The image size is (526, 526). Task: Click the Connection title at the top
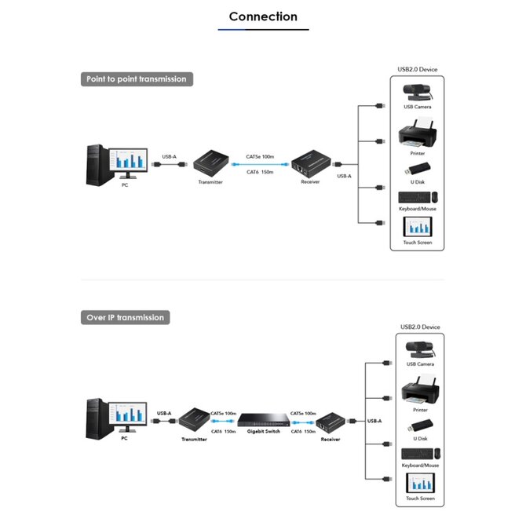[x=263, y=16]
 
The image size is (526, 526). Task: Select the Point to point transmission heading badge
[x=137, y=79]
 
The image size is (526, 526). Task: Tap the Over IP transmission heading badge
[x=125, y=317]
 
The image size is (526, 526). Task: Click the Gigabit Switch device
[x=264, y=420]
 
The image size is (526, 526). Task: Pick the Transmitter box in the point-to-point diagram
[x=211, y=164]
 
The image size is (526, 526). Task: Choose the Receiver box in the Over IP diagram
[x=331, y=423]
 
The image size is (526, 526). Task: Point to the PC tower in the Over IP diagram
[x=97, y=418]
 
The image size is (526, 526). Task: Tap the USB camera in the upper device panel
[x=418, y=93]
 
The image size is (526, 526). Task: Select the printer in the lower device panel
[x=420, y=390]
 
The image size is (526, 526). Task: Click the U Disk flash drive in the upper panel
[x=418, y=169]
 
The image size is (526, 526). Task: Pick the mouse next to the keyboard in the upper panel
[x=434, y=197]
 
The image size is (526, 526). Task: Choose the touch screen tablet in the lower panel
[x=420, y=483]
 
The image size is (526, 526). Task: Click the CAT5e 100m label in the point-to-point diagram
[x=260, y=157]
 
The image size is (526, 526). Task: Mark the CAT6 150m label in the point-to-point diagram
[x=260, y=172]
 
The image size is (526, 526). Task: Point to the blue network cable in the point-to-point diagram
[x=260, y=164]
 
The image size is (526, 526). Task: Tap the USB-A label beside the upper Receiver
[x=344, y=176]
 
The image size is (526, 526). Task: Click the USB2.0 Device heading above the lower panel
[x=420, y=327]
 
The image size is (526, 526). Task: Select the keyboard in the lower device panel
[x=417, y=454]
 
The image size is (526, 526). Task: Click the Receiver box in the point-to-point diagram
[x=311, y=164]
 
